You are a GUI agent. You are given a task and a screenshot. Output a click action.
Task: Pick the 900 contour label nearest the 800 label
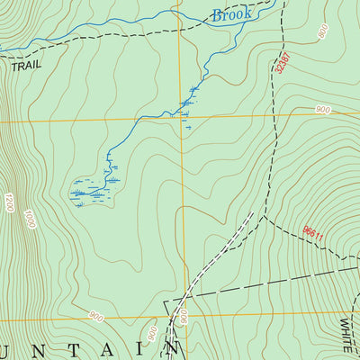[323, 110]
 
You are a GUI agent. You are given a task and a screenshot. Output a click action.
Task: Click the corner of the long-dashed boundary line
[165, 301]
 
